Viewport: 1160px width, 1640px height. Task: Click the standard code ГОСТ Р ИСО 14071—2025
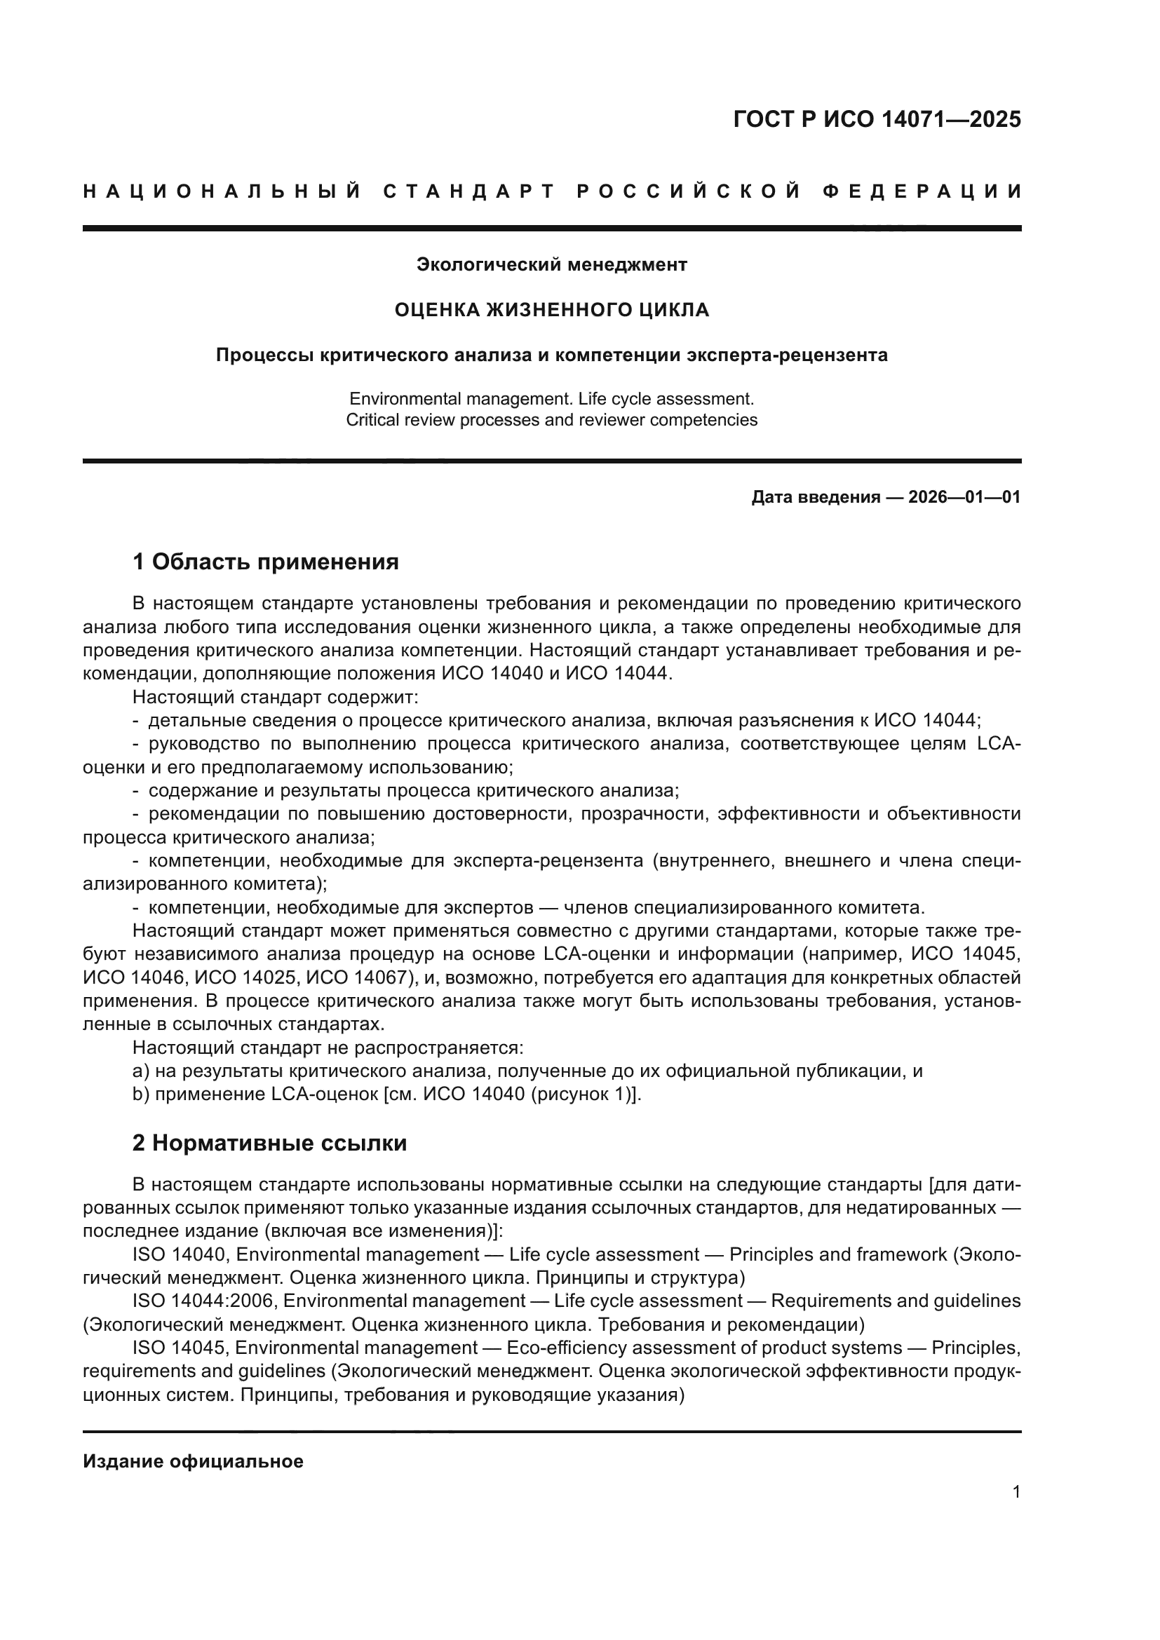point(877,119)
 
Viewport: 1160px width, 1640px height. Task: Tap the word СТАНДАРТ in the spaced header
point(468,191)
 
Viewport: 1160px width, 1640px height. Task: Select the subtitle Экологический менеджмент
point(551,265)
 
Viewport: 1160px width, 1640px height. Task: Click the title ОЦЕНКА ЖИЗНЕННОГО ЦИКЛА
point(551,310)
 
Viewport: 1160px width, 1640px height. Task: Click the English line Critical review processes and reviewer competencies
point(551,420)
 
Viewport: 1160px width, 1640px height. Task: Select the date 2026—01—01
point(964,497)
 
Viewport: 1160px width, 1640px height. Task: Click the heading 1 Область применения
point(265,562)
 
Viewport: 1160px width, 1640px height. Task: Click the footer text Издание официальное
point(193,1461)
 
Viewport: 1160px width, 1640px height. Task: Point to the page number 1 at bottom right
point(1016,1492)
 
